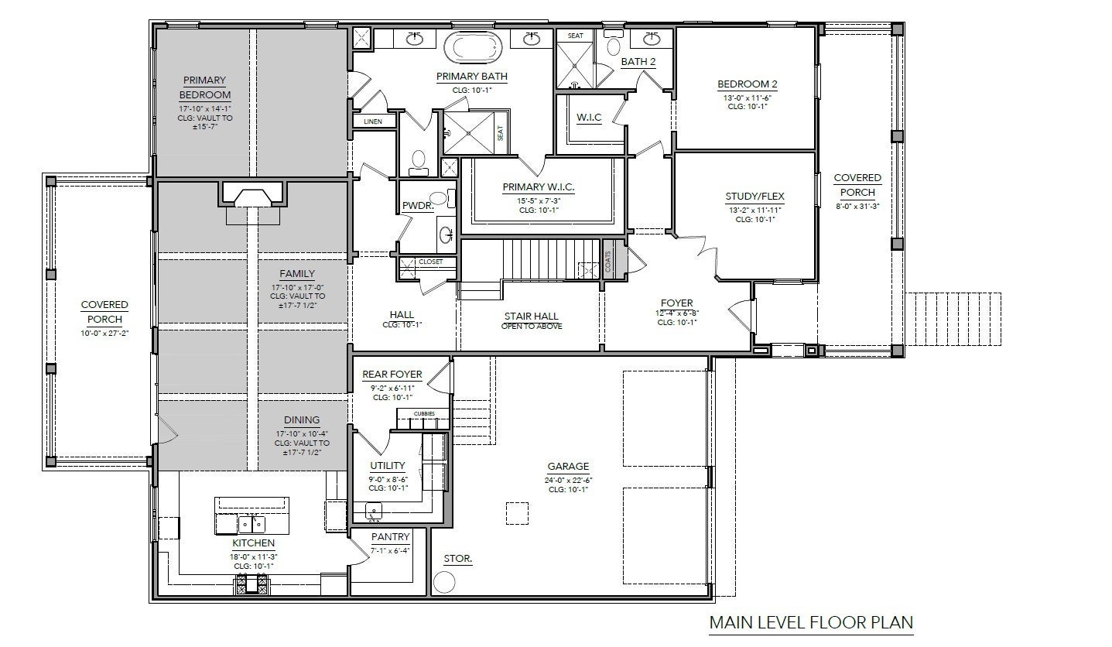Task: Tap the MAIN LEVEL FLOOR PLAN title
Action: (811, 622)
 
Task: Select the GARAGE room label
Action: (568, 466)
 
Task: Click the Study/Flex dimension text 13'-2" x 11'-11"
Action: (755, 210)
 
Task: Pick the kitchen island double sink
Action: (251, 524)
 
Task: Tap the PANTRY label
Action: (390, 537)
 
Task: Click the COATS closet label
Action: (608, 261)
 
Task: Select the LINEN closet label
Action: (373, 122)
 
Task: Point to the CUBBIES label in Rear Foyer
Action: (424, 413)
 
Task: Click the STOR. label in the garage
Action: (457, 559)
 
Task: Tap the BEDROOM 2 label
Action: (747, 84)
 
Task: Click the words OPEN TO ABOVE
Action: (532, 327)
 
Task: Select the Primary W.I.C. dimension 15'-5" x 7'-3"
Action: (539, 201)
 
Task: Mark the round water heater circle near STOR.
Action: (444, 582)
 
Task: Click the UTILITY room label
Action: (387, 465)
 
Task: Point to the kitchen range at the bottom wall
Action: (252, 584)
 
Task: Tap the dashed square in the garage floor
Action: (517, 513)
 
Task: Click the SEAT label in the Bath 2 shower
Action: (576, 36)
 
